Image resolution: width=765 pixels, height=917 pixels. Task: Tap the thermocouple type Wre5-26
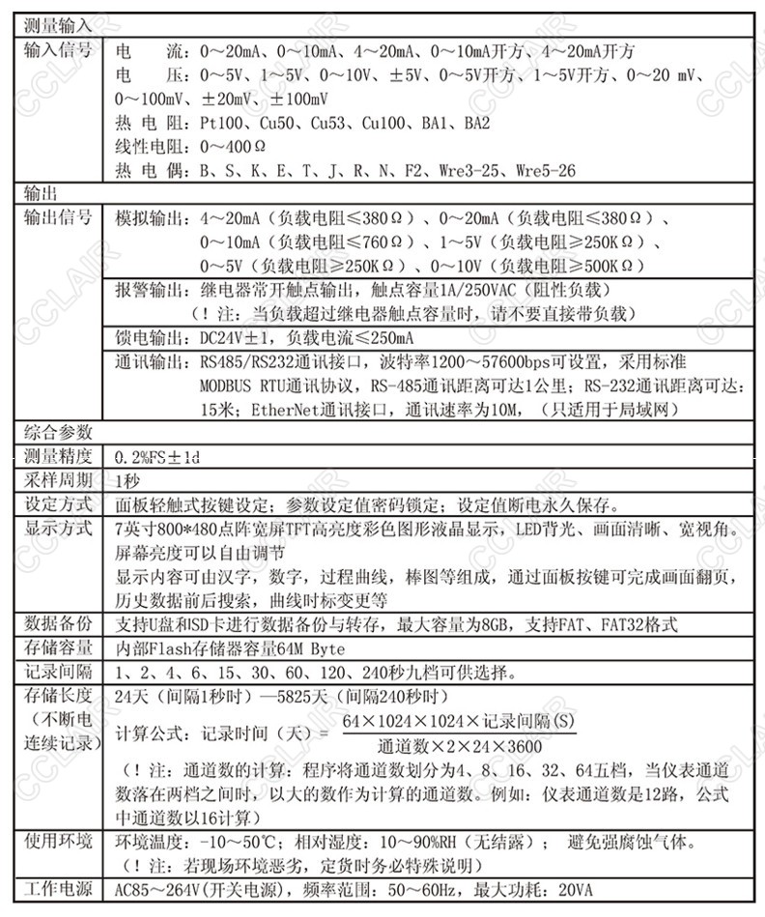click(545, 170)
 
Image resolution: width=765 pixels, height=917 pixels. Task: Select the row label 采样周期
click(59, 480)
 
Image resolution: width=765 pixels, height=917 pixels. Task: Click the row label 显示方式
click(59, 528)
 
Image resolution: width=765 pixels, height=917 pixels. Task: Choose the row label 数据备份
click(59, 623)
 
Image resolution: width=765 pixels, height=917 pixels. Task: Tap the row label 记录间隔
click(59, 672)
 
